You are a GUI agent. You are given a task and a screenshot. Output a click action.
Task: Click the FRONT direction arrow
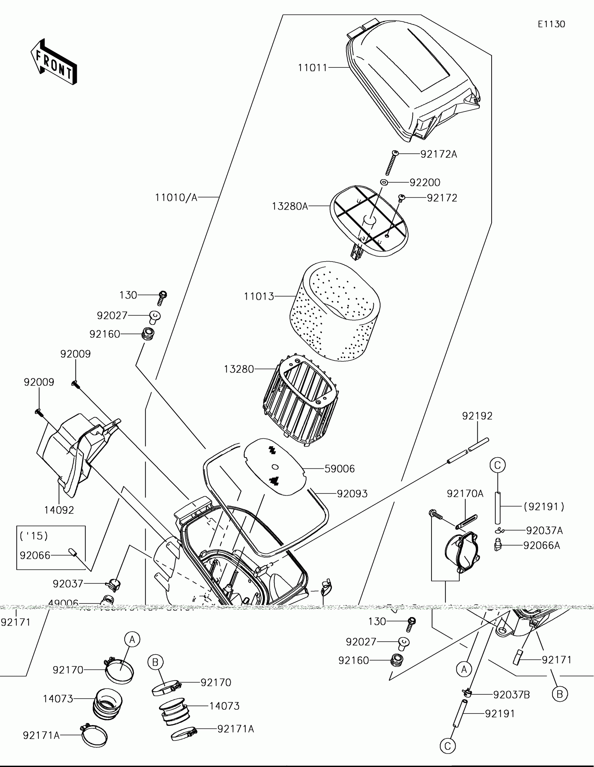[x=54, y=62]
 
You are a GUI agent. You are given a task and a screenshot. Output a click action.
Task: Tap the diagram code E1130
[x=551, y=24]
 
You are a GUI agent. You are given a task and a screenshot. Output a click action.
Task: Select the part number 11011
[x=312, y=67]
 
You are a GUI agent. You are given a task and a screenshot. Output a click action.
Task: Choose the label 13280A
[x=290, y=206]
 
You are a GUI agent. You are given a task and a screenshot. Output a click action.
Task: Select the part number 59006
[x=339, y=468]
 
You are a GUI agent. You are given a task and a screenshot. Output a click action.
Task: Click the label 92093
[x=352, y=494]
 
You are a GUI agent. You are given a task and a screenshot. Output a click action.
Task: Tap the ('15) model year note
[x=34, y=535]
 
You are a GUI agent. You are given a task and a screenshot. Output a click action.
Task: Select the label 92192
[x=477, y=416]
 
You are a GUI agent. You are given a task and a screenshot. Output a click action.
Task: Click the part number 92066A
[x=541, y=546]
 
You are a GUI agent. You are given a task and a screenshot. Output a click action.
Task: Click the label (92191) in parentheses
[x=544, y=506]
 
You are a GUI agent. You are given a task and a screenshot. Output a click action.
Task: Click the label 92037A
[x=544, y=530]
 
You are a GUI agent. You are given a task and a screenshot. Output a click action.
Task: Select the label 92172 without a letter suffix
[x=442, y=198]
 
